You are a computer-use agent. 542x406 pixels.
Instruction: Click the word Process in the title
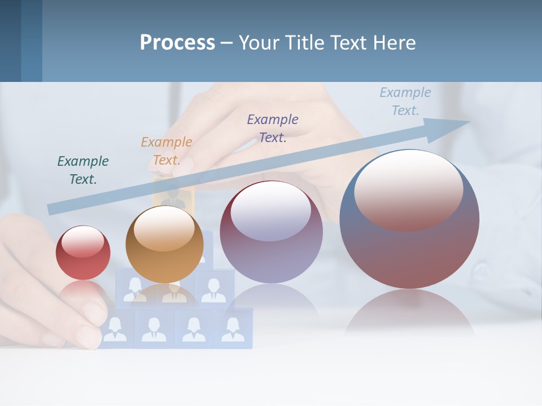tap(177, 42)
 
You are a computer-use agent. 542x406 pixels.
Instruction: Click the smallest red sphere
tap(83, 253)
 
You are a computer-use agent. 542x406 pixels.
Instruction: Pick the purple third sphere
tap(271, 232)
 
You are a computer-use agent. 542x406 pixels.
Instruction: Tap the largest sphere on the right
tap(409, 219)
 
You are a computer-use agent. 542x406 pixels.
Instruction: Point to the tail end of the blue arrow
tap(52, 209)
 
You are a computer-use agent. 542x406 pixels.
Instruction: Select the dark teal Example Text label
tap(83, 170)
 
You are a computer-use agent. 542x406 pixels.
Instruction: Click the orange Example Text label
tap(167, 151)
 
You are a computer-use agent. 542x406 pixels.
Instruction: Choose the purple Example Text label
tap(273, 128)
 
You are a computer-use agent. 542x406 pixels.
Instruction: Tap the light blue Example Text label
tap(405, 101)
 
